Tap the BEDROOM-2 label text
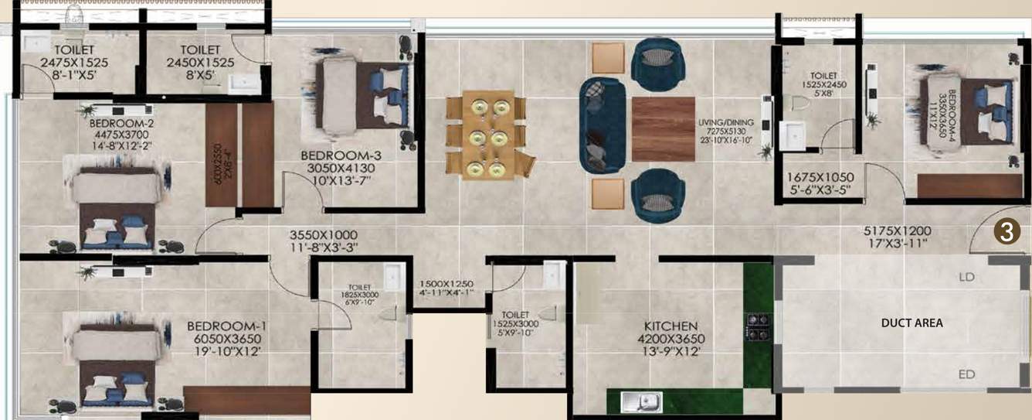click(121, 123)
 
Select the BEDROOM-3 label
click(341, 155)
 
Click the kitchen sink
click(641, 401)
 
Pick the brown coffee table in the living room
click(663, 129)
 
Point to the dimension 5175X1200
click(897, 230)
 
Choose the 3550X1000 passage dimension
click(323, 234)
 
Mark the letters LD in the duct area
click(966, 276)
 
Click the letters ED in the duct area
click(966, 374)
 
